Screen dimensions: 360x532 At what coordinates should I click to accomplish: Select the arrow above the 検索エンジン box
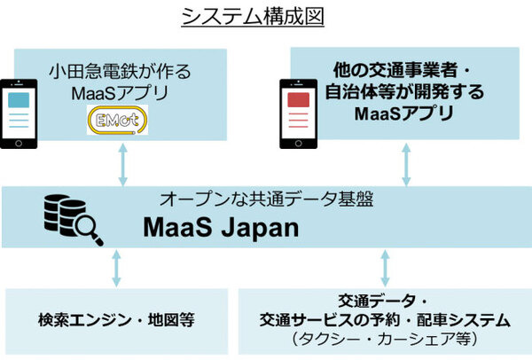[116, 269]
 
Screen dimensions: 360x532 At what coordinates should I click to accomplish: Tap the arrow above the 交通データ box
[384, 268]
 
